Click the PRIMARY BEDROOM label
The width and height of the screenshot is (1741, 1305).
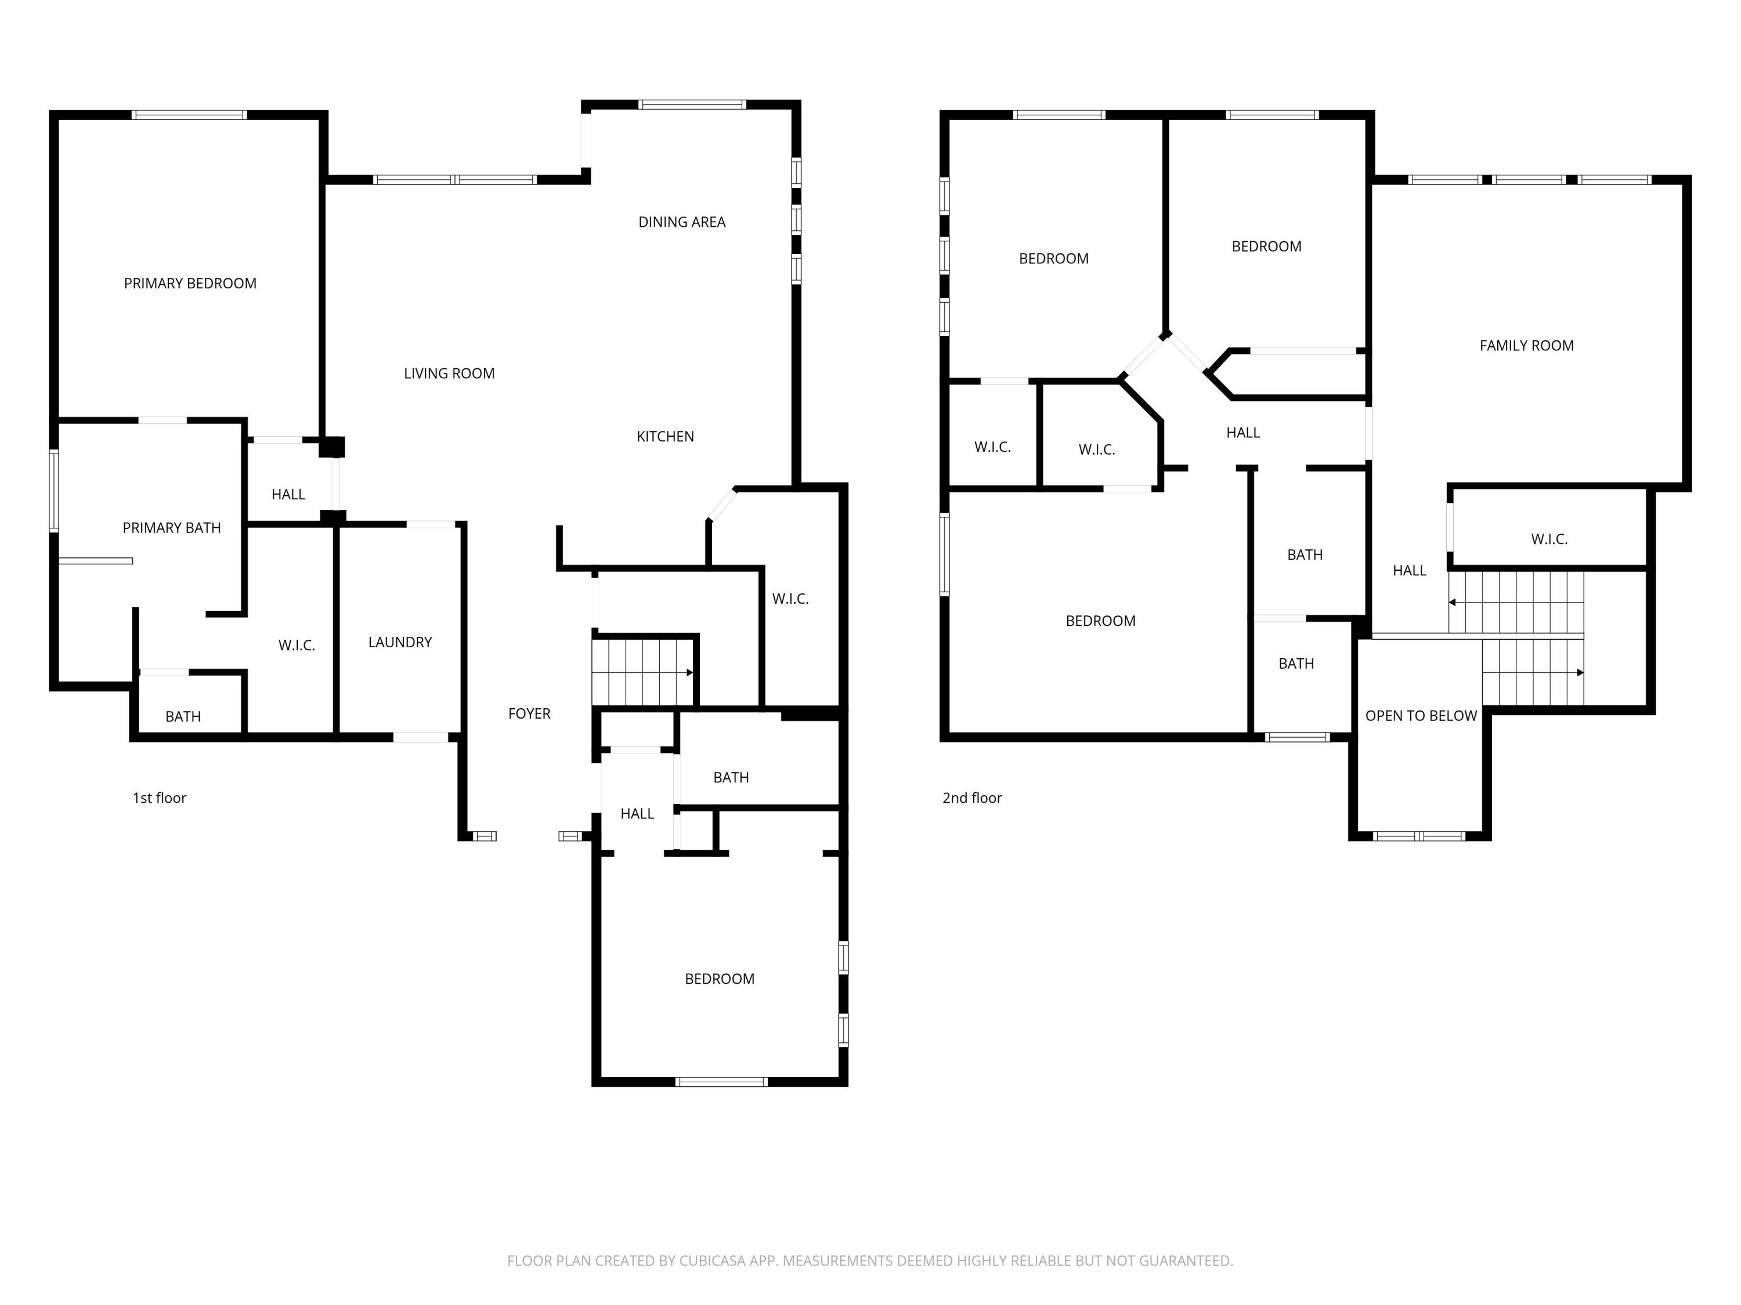pyautogui.click(x=190, y=283)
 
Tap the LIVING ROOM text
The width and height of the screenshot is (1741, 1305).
pyautogui.click(x=449, y=374)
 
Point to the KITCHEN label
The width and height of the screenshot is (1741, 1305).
pyautogui.click(x=664, y=437)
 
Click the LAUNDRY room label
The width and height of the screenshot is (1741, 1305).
pyautogui.click(x=400, y=642)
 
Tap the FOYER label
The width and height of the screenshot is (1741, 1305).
pyautogui.click(x=529, y=713)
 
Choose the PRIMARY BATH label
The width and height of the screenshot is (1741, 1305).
pyautogui.click(x=172, y=528)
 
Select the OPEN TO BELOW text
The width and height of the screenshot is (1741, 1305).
pyautogui.click(x=1420, y=716)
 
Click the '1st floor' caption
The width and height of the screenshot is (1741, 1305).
pyautogui.click(x=159, y=797)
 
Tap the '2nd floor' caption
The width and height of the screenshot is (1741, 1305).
pyautogui.click(x=971, y=797)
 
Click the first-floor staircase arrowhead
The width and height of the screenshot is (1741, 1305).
pyautogui.click(x=689, y=673)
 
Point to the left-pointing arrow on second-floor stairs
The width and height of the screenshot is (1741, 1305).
pyautogui.click(x=1452, y=603)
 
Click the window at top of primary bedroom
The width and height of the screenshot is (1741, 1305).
pyautogui.click(x=189, y=115)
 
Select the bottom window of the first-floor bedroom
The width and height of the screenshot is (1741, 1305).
pyautogui.click(x=721, y=1082)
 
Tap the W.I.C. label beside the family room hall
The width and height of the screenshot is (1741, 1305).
pyautogui.click(x=1548, y=539)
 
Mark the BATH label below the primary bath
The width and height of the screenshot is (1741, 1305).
pyautogui.click(x=183, y=717)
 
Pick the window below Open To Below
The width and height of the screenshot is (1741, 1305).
pyautogui.click(x=1418, y=836)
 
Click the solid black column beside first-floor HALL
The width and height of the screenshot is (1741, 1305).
pyautogui.click(x=331, y=447)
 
